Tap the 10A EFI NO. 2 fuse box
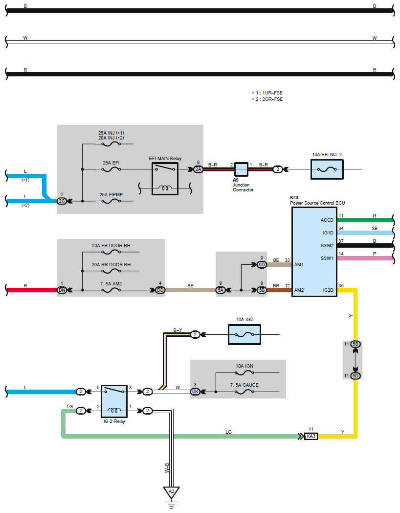pos(327,169)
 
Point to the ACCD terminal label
pos(327,220)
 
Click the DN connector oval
pos(62,290)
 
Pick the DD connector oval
pos(160,290)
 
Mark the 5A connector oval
pos(221,290)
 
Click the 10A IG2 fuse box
pos(244,335)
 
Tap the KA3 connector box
pos(311,436)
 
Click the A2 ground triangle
pos(171,491)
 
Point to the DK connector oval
pos(196,392)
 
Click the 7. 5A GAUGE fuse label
pos(244,385)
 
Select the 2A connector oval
pos(198,169)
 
